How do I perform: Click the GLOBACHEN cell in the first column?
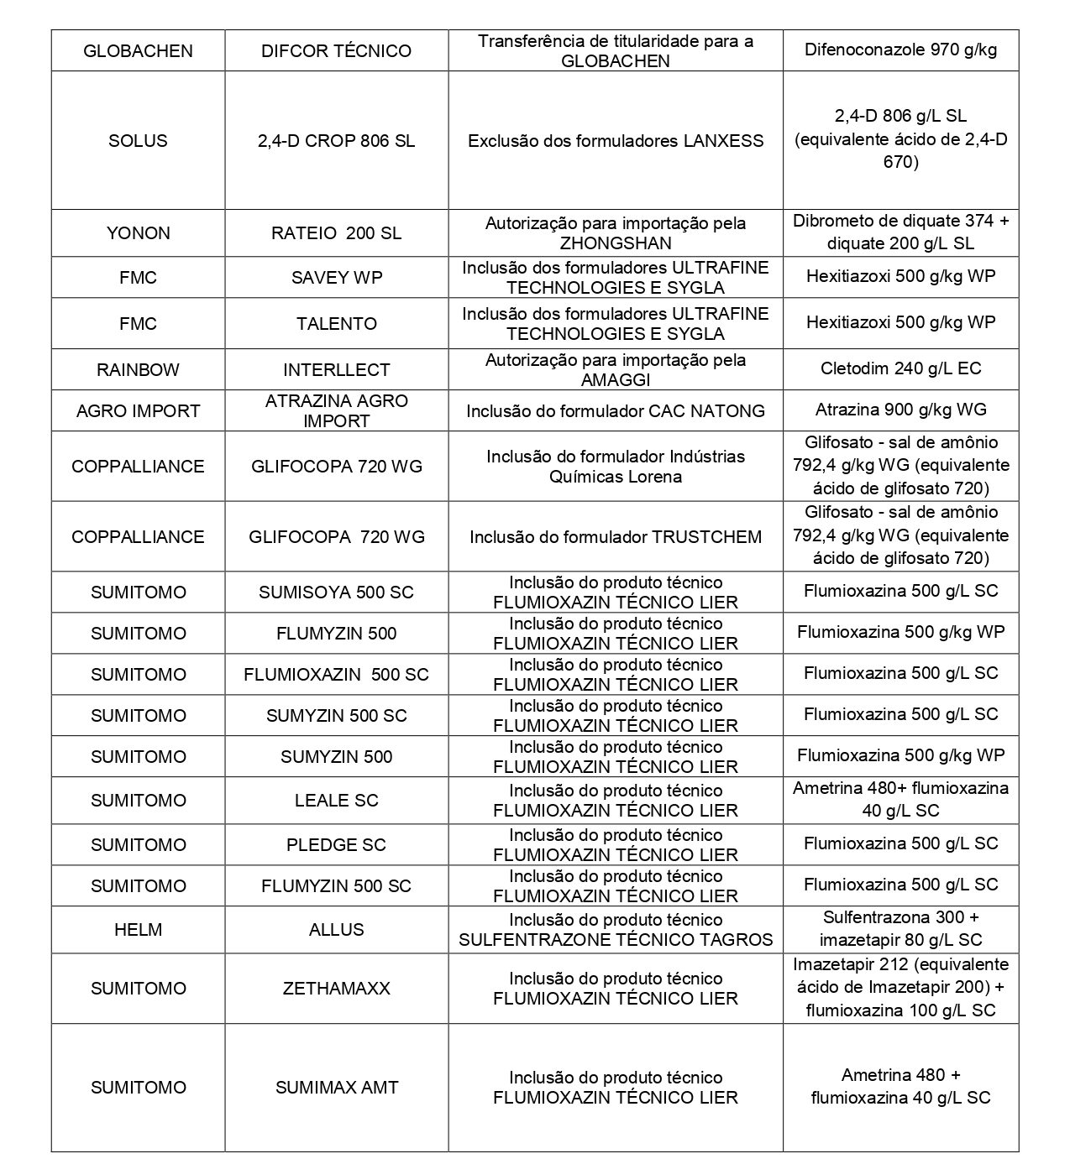coord(138,51)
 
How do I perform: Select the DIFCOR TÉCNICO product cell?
coord(336,51)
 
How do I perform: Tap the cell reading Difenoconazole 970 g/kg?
coord(900,50)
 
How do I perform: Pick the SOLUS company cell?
coord(138,140)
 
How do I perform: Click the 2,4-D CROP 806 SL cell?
coord(336,140)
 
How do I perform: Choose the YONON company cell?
coord(138,233)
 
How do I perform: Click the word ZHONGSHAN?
coord(616,243)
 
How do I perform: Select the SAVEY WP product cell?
coord(336,278)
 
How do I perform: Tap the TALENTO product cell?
coord(336,324)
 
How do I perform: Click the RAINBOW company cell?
coord(138,370)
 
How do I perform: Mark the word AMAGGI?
coord(616,380)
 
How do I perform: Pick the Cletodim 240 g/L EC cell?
coord(900,368)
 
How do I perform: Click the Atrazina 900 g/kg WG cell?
coord(900,410)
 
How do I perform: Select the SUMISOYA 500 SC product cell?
coord(336,593)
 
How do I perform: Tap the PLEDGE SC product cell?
coord(336,845)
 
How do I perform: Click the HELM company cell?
coord(138,930)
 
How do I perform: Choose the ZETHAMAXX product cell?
coord(336,989)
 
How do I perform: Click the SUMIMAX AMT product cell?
coord(336,1088)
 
